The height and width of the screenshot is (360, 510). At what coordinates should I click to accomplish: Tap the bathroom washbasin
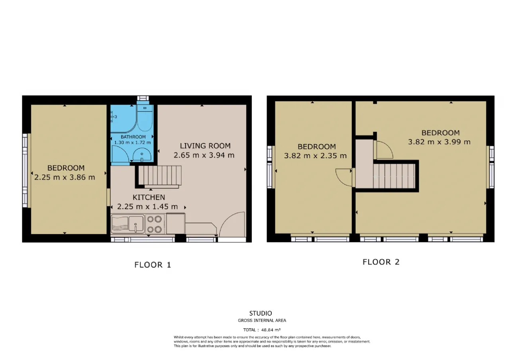point(142,155)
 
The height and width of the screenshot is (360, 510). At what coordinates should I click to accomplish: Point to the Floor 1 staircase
point(160,177)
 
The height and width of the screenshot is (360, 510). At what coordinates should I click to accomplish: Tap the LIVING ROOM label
point(205,146)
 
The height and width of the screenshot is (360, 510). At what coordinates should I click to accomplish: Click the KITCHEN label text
point(149,197)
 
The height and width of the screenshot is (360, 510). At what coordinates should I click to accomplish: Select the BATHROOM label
point(133,137)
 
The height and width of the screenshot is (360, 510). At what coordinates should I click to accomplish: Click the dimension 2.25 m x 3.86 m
point(65,177)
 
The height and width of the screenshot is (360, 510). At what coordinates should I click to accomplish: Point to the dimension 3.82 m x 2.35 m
point(315,156)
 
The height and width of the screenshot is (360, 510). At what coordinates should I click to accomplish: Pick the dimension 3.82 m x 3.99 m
point(439,142)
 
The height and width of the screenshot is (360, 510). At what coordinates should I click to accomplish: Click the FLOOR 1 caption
point(153,265)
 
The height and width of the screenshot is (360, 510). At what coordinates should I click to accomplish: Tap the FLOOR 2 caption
point(381,262)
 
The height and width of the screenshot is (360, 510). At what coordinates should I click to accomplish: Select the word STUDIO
point(261,313)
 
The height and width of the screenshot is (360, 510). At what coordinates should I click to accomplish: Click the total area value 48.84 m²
point(271,330)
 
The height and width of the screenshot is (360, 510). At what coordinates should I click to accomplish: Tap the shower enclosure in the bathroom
point(124,119)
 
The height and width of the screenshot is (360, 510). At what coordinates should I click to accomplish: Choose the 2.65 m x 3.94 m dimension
point(204,155)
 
